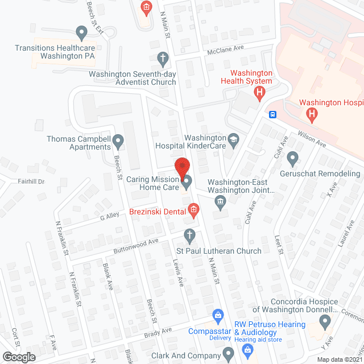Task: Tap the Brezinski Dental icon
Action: (x=193, y=210)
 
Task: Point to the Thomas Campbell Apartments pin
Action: (x=118, y=140)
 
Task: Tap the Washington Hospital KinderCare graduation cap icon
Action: (x=233, y=139)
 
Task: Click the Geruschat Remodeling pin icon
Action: (x=293, y=157)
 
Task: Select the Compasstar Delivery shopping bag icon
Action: (x=217, y=314)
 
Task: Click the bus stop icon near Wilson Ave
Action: (x=273, y=114)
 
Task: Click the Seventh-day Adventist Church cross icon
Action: (x=163, y=58)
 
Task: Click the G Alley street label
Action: (x=109, y=217)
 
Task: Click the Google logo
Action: (x=19, y=357)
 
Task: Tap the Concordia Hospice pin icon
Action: (x=325, y=322)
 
